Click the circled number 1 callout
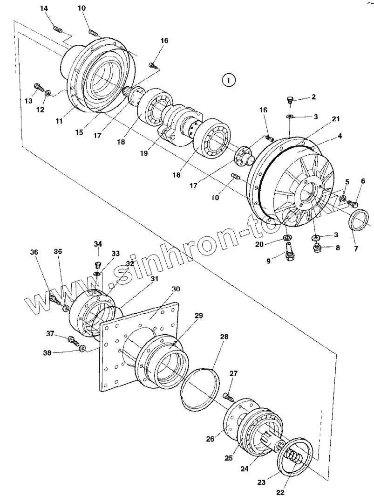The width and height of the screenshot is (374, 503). [x=228, y=81]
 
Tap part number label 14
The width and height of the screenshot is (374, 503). [x=44, y=9]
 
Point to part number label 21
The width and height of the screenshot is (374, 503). [x=336, y=119]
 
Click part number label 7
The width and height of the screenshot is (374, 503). [x=356, y=248]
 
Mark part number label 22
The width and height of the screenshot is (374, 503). [x=280, y=492]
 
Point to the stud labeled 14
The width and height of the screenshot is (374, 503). [x=59, y=30]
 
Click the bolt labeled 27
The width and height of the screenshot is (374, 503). [x=228, y=397]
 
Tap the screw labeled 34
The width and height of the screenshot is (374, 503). [x=98, y=265]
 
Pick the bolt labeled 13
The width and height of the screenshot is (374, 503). [x=39, y=87]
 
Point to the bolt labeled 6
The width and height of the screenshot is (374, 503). [x=353, y=203]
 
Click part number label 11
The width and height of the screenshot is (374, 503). [x=59, y=121]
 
